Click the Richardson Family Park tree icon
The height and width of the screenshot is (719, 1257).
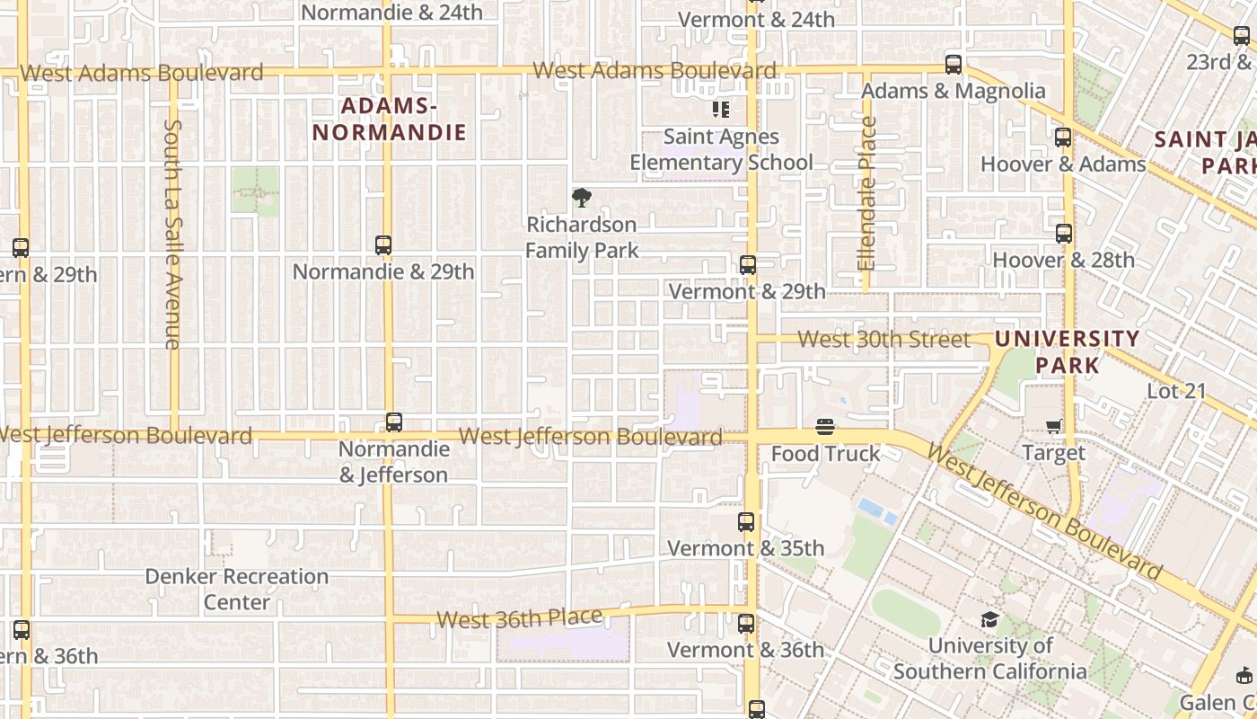pos(582,198)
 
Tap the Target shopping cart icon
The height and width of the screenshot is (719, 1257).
pos(1053,426)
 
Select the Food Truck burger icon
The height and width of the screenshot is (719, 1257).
pos(825,427)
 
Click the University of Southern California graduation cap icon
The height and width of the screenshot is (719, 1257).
pos(989,619)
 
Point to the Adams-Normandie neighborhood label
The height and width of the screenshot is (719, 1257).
pos(390,120)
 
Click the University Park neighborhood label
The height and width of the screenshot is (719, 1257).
pos(1068,351)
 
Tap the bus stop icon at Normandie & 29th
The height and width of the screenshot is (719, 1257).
pos(383,244)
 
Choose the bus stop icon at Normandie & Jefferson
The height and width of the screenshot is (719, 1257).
pos(393,422)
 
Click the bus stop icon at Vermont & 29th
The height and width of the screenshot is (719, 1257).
pos(747,265)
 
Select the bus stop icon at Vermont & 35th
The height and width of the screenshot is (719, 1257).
pos(746,522)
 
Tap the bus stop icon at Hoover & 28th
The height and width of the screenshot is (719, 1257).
pos(1064,234)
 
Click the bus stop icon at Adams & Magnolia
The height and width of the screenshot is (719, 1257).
pos(954,65)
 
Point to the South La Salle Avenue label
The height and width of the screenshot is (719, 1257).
pos(173,234)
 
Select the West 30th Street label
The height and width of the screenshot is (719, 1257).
pos(884,340)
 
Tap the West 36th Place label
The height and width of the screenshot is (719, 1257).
pos(519,618)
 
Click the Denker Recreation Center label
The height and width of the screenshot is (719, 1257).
pos(237,589)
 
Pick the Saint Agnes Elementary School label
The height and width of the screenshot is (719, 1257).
pos(721,149)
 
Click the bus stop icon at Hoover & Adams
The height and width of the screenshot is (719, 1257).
pos(1063,138)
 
